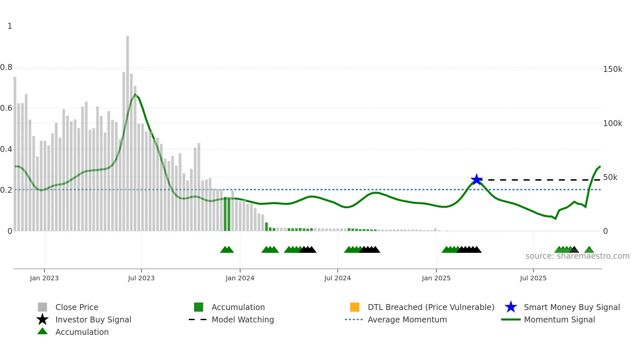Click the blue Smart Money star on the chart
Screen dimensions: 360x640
tap(476, 179)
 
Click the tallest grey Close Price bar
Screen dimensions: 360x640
tap(127, 131)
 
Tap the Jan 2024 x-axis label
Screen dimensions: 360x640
tap(240, 278)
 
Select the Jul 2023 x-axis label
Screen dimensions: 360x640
tap(141, 278)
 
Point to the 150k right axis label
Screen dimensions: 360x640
tap(613, 69)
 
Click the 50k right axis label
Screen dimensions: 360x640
tap(610, 177)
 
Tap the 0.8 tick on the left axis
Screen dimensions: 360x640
tap(6, 68)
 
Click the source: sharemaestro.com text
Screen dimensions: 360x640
tap(577, 256)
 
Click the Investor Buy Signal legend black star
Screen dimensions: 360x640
tap(42, 319)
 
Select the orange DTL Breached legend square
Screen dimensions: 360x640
tap(355, 307)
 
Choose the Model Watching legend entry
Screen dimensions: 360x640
tap(242, 319)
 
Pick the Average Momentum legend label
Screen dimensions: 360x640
tap(407, 319)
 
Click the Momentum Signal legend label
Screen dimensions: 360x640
tap(559, 319)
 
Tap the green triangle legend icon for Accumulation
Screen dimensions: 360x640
tap(42, 331)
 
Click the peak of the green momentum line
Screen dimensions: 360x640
tap(135, 94)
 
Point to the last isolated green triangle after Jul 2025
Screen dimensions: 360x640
tap(589, 250)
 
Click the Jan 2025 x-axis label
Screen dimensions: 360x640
tap(436, 278)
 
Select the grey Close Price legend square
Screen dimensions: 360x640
tap(42, 307)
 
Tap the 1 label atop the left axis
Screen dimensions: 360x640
tap(10, 26)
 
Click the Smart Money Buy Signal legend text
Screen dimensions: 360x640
tap(571, 307)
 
